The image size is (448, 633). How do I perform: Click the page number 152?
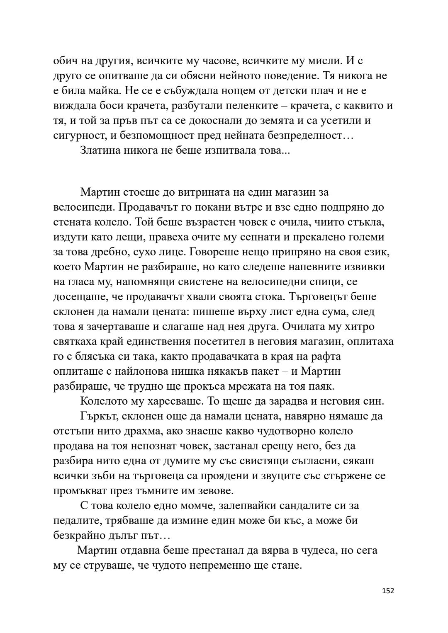tap(388, 590)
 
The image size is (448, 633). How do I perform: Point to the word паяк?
tap(321, 386)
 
